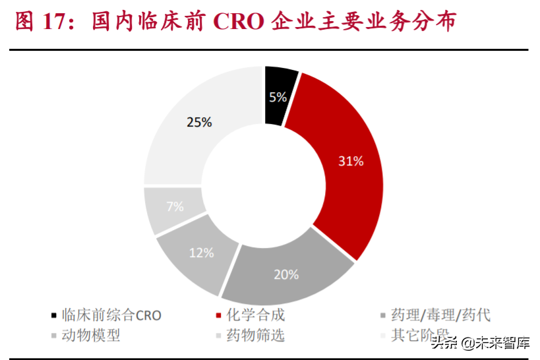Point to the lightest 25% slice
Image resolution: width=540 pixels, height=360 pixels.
(x=198, y=125)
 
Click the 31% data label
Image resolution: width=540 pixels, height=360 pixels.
(x=349, y=161)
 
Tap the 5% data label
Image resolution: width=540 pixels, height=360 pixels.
(x=278, y=98)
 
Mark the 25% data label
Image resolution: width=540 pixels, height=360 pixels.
(x=199, y=122)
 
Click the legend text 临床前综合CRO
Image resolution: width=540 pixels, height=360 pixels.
(x=111, y=315)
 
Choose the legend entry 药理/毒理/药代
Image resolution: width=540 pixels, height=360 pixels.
(x=440, y=315)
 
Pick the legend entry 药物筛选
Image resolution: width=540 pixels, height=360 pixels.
(x=255, y=335)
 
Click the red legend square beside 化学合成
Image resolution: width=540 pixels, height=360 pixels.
(x=218, y=316)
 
